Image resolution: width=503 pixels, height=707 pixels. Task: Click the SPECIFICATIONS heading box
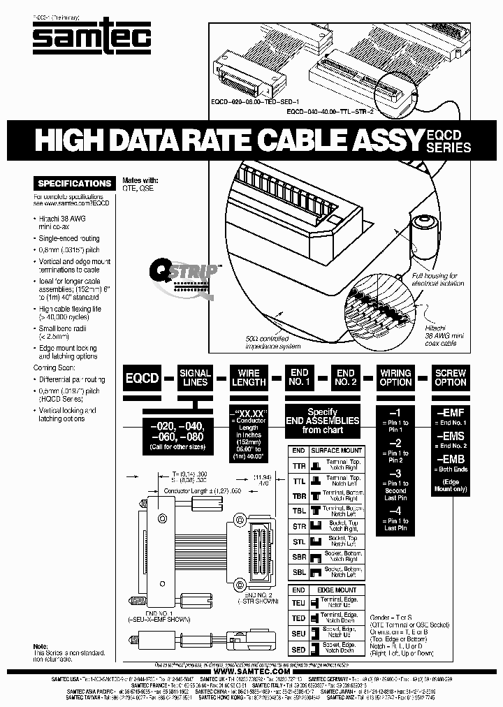pyautogui.click(x=74, y=183)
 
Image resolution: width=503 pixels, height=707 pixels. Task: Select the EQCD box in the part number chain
pyautogui.click(x=142, y=378)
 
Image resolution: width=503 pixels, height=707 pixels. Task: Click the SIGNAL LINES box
pyautogui.click(x=195, y=378)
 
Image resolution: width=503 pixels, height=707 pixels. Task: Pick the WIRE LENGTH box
pyautogui.click(x=249, y=378)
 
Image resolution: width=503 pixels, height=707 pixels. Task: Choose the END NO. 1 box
pyautogui.click(x=300, y=378)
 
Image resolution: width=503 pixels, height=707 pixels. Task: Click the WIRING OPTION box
pyautogui.click(x=395, y=378)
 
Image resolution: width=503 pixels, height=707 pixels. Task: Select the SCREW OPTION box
pyautogui.click(x=451, y=378)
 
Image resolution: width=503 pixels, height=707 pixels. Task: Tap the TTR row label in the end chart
pyautogui.click(x=298, y=465)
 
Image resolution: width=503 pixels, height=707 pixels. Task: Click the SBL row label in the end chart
pyautogui.click(x=298, y=572)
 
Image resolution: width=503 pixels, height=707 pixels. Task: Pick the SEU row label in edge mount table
pyautogui.click(x=298, y=633)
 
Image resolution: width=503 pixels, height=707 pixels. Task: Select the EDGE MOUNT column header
pyautogui.click(x=337, y=590)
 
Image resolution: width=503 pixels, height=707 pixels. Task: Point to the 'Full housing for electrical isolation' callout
pyautogui.click(x=434, y=280)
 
